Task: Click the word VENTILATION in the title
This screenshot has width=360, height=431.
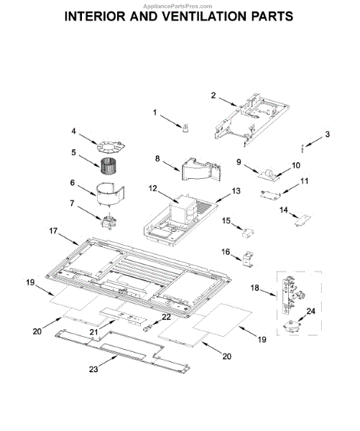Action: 204,17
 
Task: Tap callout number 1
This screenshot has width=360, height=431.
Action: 154,113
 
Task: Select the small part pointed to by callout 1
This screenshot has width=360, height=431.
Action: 186,128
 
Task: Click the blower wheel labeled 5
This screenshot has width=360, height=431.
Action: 109,166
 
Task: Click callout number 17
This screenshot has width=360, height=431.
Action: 53,231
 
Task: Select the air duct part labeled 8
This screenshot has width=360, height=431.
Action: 201,170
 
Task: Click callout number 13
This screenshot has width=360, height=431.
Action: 236,191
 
